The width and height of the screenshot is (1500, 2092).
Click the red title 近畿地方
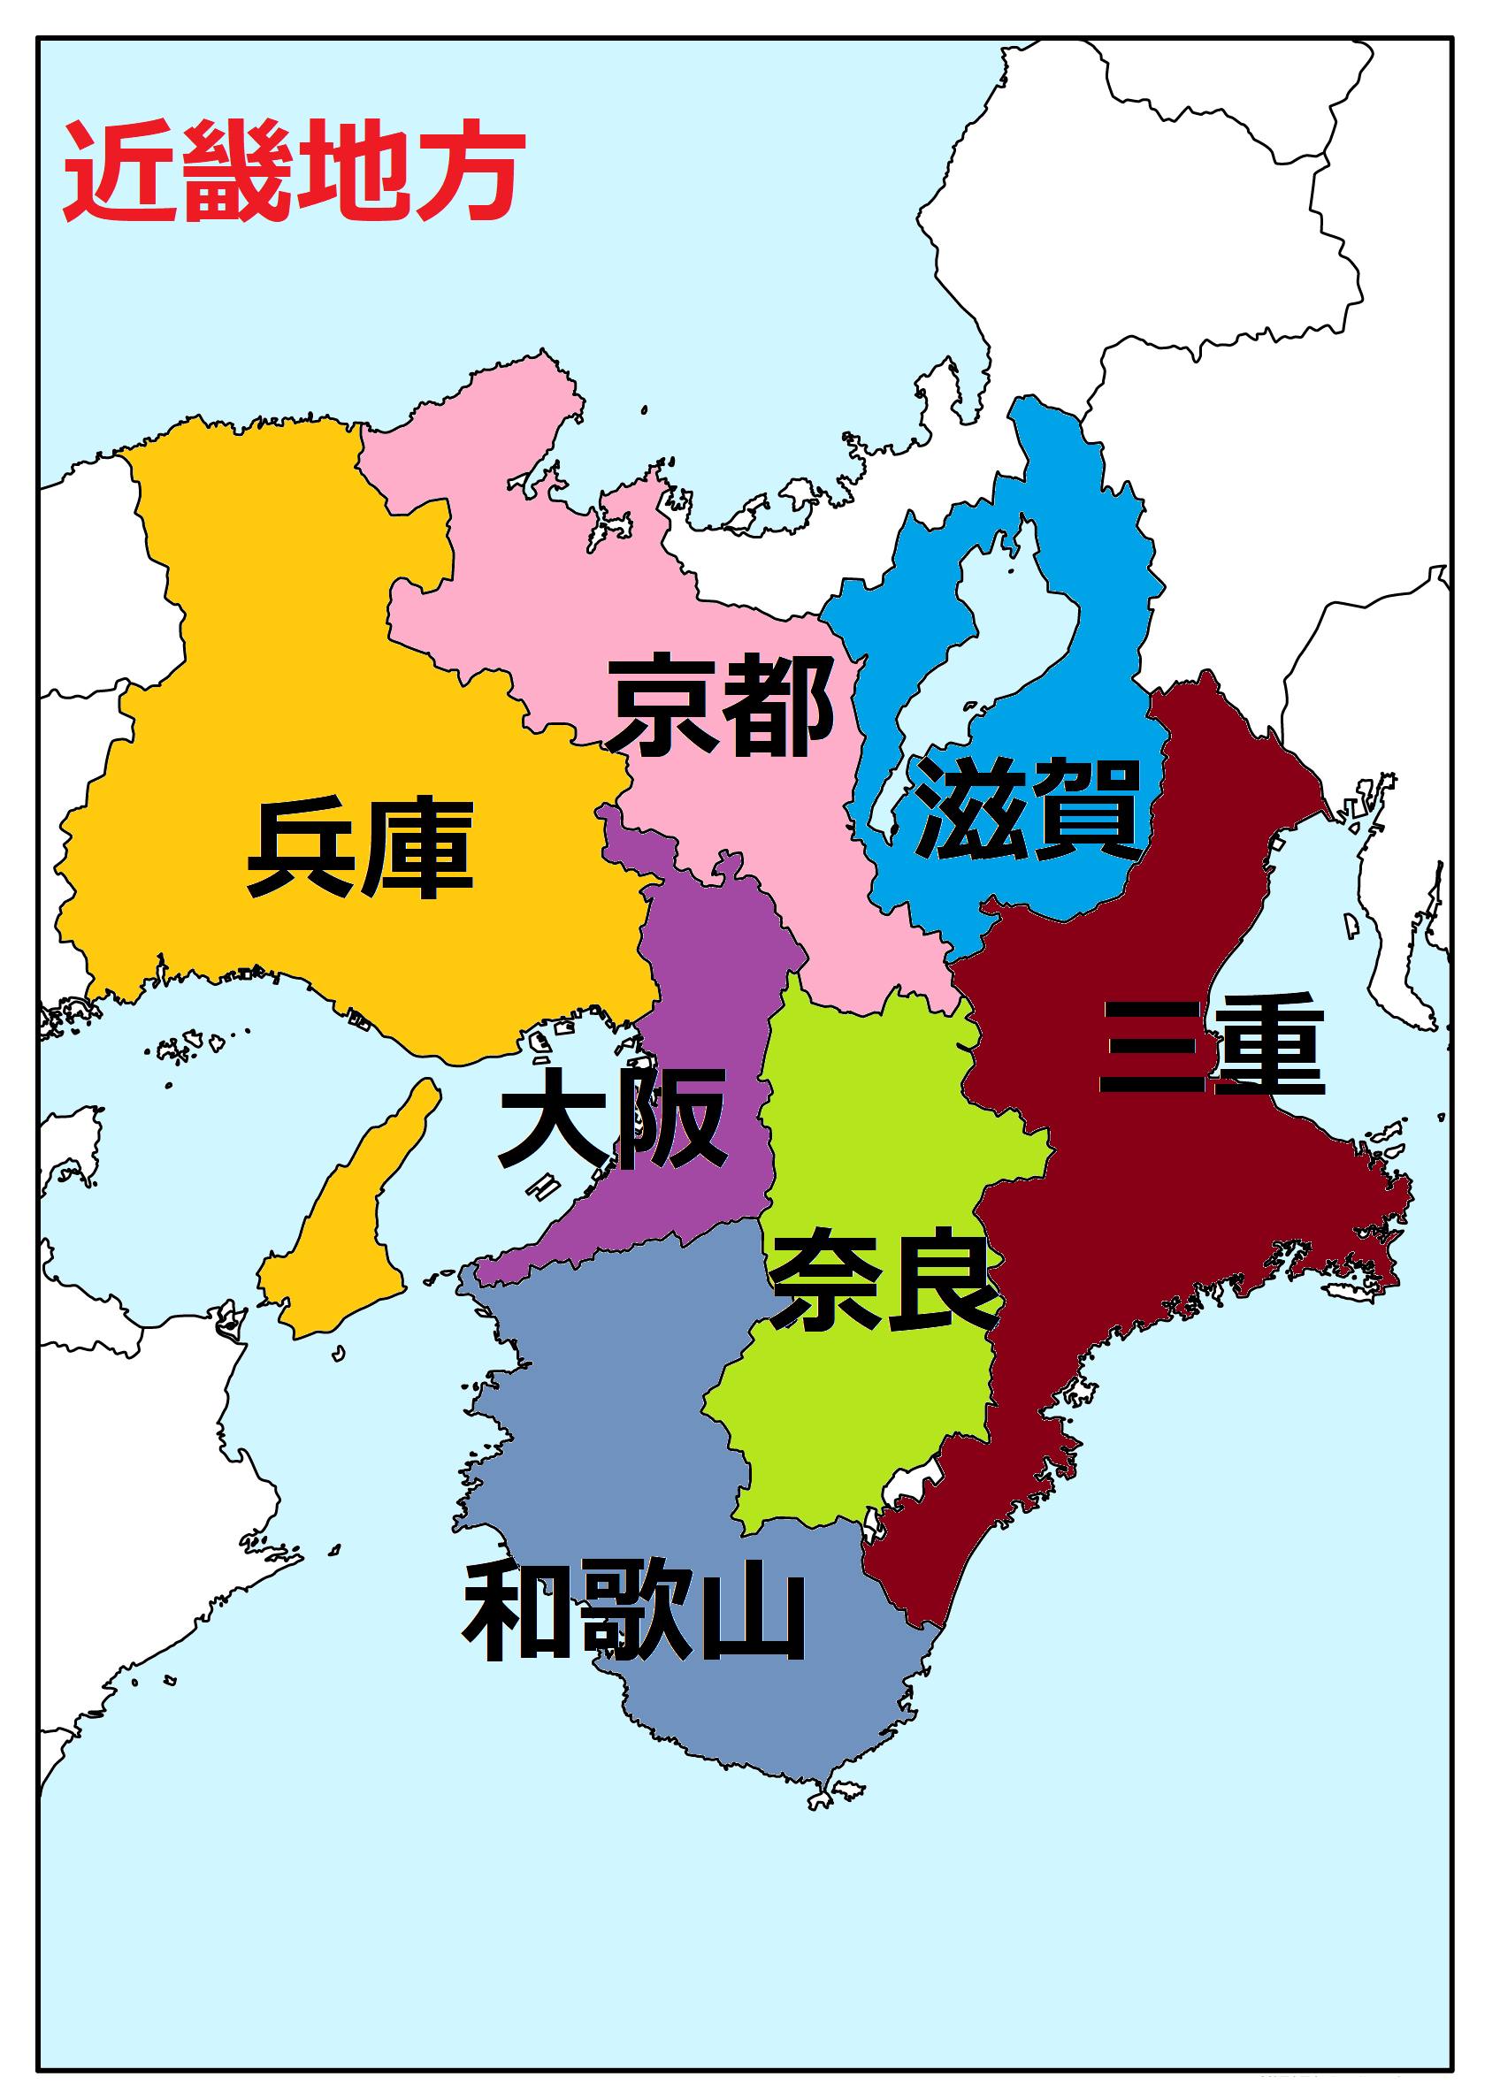[x=294, y=171]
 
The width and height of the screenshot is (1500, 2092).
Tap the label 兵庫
[x=360, y=847]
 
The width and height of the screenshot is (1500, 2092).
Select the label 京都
[x=721, y=706]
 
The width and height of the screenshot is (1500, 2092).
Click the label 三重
[x=1213, y=1045]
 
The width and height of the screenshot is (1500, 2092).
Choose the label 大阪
[x=613, y=1118]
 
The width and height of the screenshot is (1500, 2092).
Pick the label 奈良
[x=885, y=1280]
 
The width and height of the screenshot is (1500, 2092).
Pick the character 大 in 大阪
[x=554, y=1118]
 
